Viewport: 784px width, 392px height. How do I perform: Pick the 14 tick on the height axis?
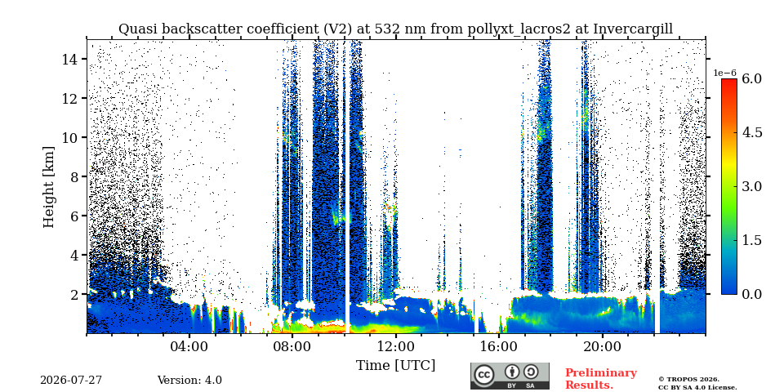click(70, 59)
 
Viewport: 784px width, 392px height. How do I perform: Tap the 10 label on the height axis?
click(70, 137)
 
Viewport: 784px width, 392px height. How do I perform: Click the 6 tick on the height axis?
click(75, 216)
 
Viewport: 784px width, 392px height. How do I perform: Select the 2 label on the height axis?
click(75, 295)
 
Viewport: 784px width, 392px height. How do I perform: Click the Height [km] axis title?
click(48, 187)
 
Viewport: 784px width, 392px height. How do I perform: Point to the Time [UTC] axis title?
click(395, 366)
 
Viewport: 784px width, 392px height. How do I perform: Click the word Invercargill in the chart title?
click(633, 29)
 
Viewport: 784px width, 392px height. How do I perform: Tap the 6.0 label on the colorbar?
click(751, 78)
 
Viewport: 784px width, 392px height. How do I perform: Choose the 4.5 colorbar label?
click(751, 132)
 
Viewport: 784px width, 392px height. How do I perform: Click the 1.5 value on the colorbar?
click(751, 240)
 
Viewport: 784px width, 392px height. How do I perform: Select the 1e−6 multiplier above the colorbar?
click(725, 73)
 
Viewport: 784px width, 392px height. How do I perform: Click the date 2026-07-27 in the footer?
click(71, 381)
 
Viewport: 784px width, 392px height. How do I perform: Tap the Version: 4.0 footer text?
click(189, 381)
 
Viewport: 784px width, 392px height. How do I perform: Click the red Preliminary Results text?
click(601, 379)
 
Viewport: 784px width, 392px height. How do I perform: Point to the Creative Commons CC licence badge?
click(510, 376)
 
